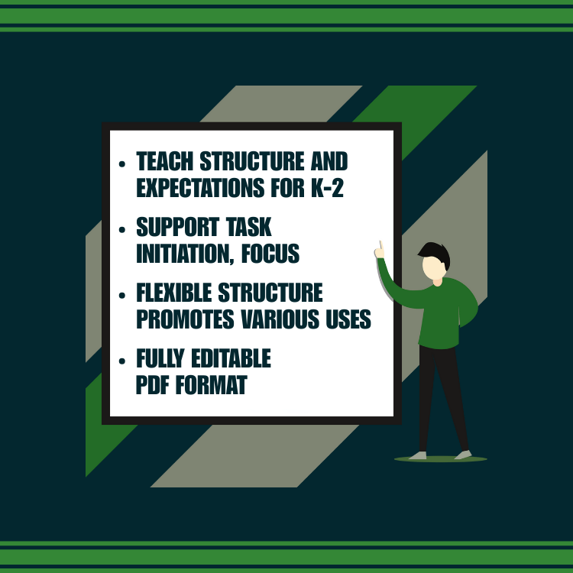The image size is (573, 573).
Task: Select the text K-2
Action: coord(327,188)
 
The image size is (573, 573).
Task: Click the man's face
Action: coord(433,268)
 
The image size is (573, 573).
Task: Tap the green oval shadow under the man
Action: coord(440,459)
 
